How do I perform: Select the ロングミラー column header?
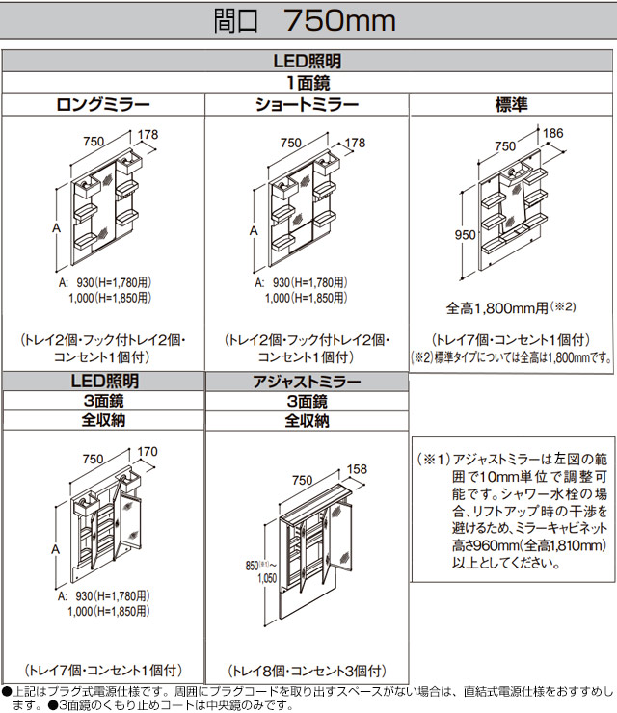tap(102, 105)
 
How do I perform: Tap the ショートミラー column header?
tap(308, 105)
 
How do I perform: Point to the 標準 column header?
tap(512, 105)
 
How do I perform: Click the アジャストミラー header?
tap(308, 383)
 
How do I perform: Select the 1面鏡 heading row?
tap(308, 83)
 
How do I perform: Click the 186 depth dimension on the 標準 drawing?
tap(553, 131)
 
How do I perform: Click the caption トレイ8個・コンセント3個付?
tap(308, 671)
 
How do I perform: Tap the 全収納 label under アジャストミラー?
tap(308, 421)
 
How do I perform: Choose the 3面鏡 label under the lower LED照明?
tap(102, 402)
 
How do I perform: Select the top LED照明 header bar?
tap(308, 61)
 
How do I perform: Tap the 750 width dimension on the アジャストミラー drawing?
tap(301, 480)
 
